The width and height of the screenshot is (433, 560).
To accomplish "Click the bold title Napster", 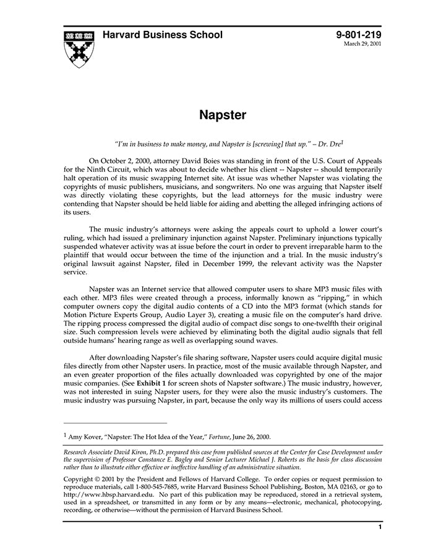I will (223, 115).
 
